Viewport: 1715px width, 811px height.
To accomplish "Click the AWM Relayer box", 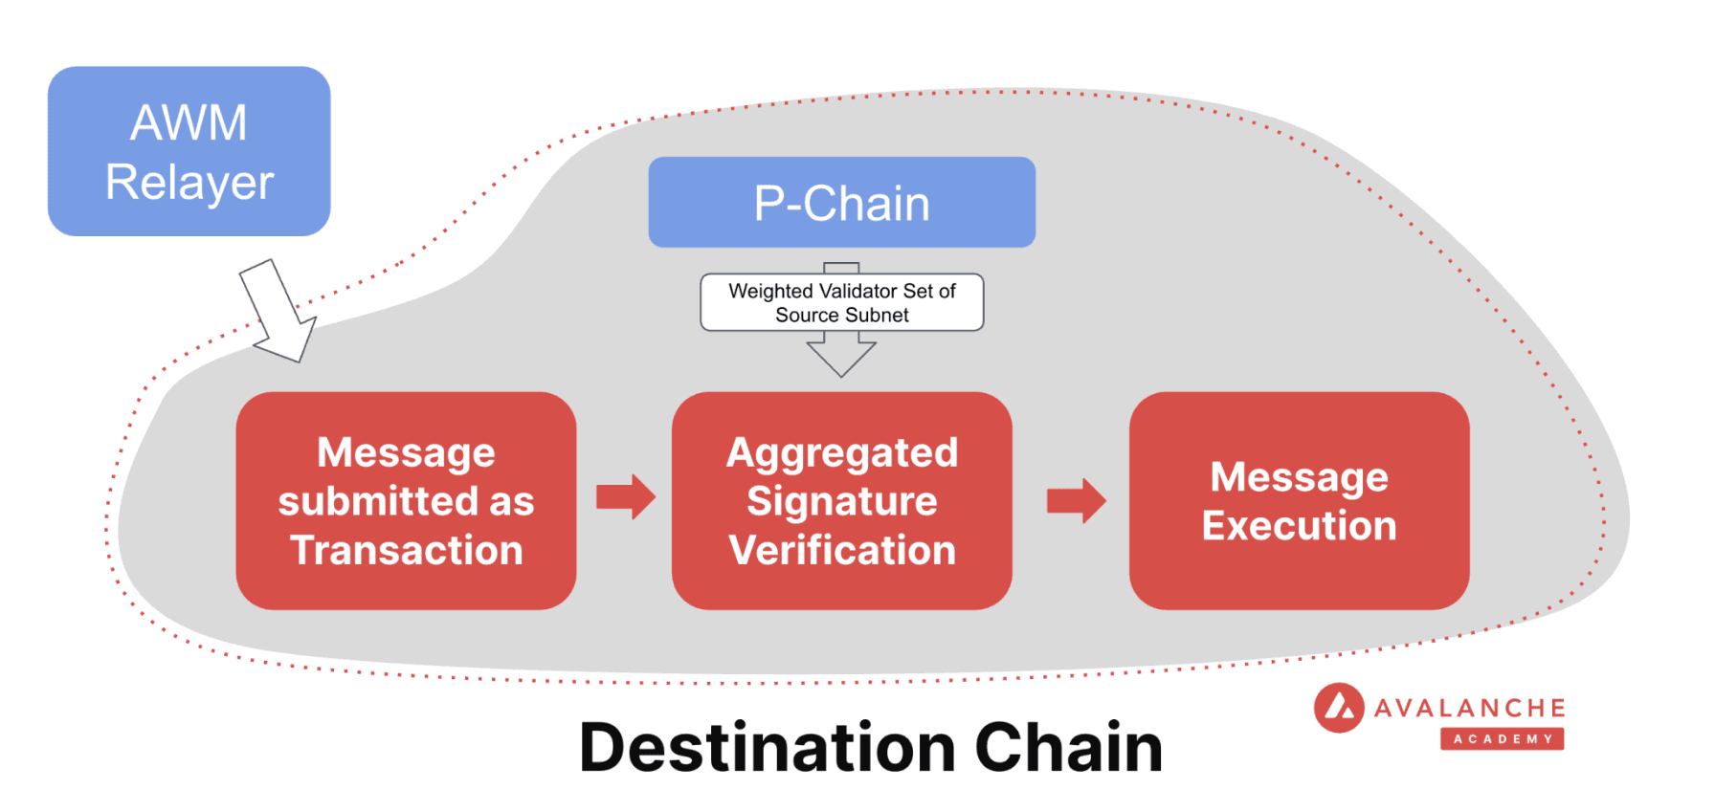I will tap(189, 151).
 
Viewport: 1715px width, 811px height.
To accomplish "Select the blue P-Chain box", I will tap(841, 203).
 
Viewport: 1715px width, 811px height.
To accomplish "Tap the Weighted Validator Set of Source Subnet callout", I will tap(841, 302).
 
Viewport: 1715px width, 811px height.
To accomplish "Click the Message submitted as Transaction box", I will tap(406, 500).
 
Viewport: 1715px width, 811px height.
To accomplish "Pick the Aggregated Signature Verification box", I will tap(841, 500).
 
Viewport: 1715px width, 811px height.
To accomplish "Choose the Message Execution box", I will tap(1299, 500).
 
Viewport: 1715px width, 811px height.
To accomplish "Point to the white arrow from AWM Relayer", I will tap(277, 311).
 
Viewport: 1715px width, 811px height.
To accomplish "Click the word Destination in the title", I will tap(768, 747).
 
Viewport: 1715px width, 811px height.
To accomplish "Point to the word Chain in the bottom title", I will tap(1068, 747).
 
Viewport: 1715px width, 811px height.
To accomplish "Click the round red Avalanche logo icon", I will tap(1338, 708).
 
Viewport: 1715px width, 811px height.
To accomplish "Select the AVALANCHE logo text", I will tap(1469, 708).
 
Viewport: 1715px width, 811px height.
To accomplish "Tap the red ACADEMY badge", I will tap(1502, 738).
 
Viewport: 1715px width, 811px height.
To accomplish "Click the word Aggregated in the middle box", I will tap(841, 452).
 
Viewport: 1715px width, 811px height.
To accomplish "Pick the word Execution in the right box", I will tap(1299, 526).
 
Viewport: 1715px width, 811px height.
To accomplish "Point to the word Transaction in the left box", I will tap(406, 550).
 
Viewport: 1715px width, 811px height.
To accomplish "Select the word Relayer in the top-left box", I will tap(189, 182).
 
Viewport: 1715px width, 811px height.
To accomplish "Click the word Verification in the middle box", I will tap(841, 550).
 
